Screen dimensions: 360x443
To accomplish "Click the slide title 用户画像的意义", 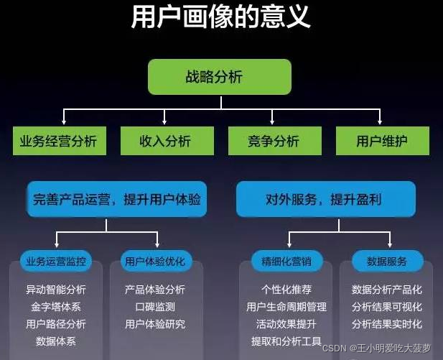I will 221,17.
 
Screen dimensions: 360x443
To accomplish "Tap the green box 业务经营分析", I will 59,141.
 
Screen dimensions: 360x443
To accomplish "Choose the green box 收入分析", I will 165,141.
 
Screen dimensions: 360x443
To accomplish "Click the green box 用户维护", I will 382,141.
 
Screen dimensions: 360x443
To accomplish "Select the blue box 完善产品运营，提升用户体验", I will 116,199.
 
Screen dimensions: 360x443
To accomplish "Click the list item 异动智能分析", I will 55,290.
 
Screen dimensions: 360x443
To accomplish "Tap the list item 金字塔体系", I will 55,307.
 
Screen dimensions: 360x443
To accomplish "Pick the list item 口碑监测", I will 155,307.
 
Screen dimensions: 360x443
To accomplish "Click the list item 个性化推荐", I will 286,290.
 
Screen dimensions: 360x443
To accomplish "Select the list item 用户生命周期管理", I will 286,307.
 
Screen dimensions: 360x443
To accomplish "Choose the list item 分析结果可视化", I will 387,307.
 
